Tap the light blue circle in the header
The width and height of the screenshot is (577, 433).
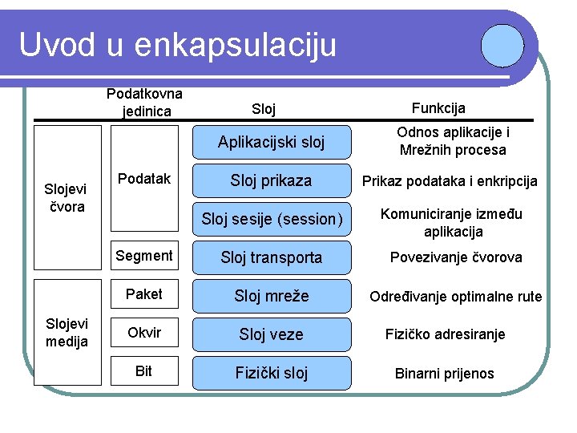[x=503, y=43]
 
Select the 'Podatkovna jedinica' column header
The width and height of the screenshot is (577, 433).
[x=144, y=102]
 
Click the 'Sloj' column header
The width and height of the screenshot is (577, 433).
[x=264, y=108]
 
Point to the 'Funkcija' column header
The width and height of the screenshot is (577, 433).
[x=438, y=108]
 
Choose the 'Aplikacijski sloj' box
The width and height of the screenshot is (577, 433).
[x=272, y=142]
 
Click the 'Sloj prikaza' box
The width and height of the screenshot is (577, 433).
[x=272, y=180]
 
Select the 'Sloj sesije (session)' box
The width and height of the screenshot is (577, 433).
[x=272, y=219]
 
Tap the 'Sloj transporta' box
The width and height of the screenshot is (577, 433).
[x=272, y=257]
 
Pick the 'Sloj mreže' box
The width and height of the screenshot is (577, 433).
[x=272, y=296]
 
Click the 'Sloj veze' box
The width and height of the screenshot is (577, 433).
[x=272, y=334]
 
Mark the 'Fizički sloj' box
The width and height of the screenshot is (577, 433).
[x=272, y=373]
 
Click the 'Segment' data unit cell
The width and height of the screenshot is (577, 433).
[x=144, y=256]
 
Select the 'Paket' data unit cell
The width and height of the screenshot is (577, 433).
[x=144, y=294]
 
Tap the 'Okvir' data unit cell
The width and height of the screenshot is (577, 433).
[x=144, y=333]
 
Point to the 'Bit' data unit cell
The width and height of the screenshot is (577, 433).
[x=144, y=371]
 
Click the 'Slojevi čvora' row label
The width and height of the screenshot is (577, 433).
[x=65, y=197]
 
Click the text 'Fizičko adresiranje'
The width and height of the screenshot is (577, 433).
[x=445, y=334]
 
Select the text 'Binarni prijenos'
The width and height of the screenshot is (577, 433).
[x=445, y=374]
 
